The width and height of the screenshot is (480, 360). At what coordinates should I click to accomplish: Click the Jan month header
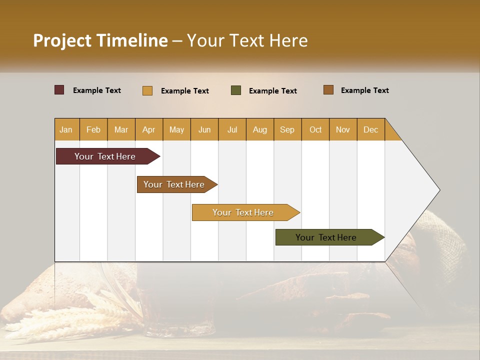point(66,129)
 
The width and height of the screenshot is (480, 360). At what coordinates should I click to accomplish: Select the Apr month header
point(149,129)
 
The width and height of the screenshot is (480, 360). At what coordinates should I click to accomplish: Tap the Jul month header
point(232,129)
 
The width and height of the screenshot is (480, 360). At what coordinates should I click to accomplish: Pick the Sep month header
point(287,129)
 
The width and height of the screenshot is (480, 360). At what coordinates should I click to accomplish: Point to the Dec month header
point(370,129)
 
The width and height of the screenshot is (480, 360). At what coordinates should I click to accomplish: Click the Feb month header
point(93,129)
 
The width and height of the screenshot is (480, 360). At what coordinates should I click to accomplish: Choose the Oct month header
point(315,129)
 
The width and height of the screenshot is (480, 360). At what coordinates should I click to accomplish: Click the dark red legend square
point(59,90)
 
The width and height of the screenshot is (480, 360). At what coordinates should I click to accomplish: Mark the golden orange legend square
point(147,90)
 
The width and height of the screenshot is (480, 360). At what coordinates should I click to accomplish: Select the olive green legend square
point(236,90)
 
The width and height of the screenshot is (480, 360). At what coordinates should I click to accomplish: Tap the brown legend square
point(328,90)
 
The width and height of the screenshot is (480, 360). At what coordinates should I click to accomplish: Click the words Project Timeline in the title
point(100,40)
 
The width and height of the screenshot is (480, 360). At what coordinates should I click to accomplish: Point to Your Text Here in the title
point(247,40)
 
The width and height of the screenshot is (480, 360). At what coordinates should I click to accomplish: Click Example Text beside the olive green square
point(272,91)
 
